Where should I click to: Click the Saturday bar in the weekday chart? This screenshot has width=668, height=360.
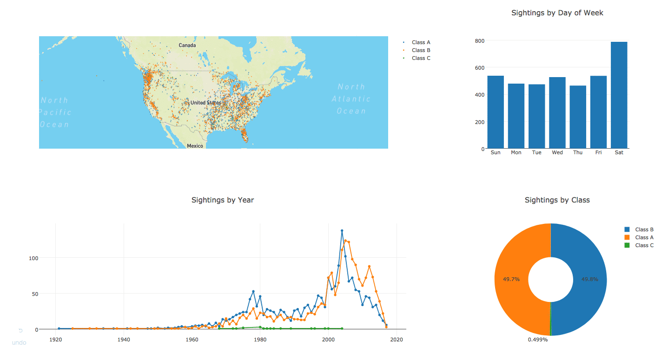[619, 95]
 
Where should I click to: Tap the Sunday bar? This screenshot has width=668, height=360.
[496, 112]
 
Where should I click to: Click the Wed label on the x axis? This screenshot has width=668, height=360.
[557, 153]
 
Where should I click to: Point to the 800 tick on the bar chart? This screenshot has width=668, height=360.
[479, 41]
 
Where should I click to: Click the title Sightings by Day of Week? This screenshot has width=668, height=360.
[557, 13]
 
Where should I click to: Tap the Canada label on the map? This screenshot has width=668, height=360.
[187, 45]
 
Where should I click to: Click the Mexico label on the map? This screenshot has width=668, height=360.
[195, 146]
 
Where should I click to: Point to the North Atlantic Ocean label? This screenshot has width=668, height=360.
[351, 98]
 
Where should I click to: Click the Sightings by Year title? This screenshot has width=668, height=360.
[223, 200]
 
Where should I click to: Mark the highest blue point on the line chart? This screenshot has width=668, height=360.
[342, 230]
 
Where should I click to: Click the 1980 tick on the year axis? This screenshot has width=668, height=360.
[260, 340]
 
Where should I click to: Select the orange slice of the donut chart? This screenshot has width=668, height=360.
[516, 279]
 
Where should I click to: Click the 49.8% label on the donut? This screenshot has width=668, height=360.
[589, 280]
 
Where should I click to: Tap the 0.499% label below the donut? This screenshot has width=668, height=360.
[537, 340]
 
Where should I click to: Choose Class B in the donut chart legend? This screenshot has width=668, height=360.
[644, 229]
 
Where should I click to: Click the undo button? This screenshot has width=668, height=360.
[19, 338]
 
